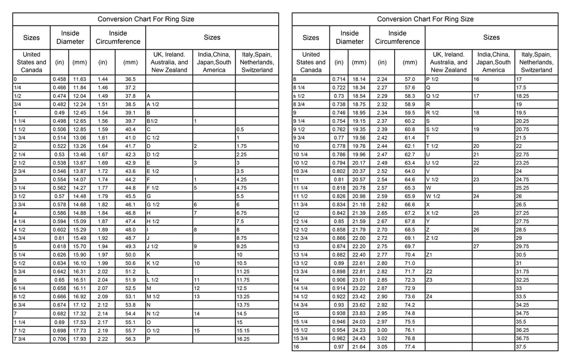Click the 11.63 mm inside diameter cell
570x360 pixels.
(80, 80)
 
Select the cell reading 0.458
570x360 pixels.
(59, 80)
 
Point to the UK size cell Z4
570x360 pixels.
(429, 297)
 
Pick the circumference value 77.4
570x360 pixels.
(410, 347)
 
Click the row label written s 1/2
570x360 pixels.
(300, 96)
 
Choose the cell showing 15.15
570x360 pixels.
(243, 331)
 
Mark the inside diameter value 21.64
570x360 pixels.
(359, 347)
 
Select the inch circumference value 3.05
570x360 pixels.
(382, 347)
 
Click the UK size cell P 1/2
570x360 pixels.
(433, 80)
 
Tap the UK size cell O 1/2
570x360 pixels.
(153, 331)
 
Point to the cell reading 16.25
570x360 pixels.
(243, 339)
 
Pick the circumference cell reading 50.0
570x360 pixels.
(130, 255)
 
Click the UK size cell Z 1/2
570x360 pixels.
(432, 238)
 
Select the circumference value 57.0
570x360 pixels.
(410, 80)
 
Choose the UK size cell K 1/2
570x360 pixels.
(153, 263)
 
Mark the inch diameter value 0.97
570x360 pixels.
(339, 347)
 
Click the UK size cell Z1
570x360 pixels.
(429, 255)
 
